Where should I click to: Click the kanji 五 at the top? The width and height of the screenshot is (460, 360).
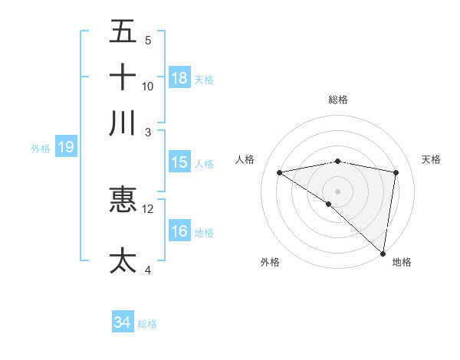(x=123, y=32)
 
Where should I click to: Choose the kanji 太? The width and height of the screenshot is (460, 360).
(x=123, y=260)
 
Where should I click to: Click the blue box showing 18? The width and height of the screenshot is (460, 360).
(x=179, y=78)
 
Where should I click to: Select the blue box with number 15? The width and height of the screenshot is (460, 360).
(x=179, y=162)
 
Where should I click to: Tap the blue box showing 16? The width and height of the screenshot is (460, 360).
(x=179, y=231)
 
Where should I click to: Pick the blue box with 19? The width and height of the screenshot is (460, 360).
(x=65, y=147)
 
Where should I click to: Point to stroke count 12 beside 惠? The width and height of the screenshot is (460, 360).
(x=149, y=208)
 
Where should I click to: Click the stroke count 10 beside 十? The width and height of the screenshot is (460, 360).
(x=148, y=86)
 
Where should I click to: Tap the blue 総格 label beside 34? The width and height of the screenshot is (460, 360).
(x=147, y=324)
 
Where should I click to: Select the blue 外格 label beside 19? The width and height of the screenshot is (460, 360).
(x=41, y=149)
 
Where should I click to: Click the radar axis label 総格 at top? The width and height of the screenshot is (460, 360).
(x=338, y=100)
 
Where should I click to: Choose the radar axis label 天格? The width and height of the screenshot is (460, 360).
(x=431, y=159)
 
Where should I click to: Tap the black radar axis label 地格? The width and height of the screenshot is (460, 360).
(x=402, y=262)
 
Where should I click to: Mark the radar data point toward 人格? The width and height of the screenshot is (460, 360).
(x=280, y=172)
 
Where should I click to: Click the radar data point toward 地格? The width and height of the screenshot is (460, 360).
(x=383, y=253)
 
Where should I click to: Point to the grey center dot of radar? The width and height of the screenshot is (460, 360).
(x=338, y=190)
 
